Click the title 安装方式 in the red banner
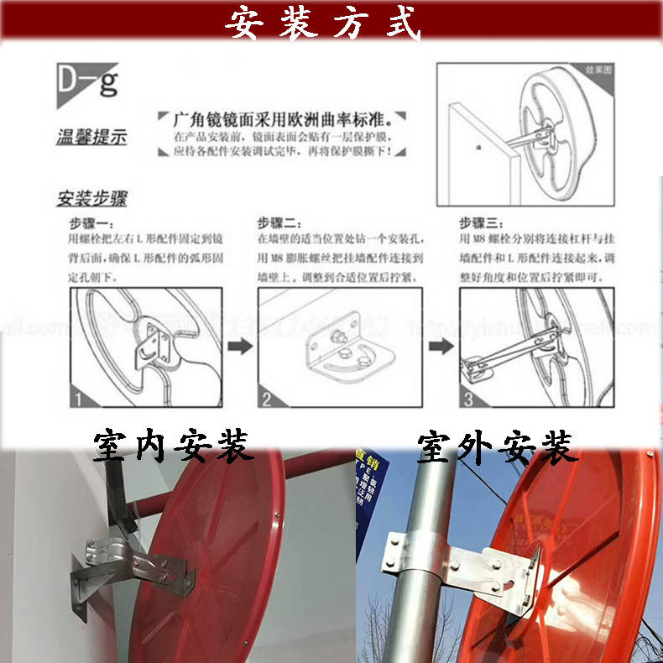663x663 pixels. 322,23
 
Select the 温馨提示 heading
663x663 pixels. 91,137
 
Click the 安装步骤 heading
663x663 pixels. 91,200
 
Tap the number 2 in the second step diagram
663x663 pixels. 266,399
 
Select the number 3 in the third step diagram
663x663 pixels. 469,399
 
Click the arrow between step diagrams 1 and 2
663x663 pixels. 240,347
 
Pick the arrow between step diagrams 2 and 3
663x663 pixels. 441,347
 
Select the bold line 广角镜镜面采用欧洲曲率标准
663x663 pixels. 281,118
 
